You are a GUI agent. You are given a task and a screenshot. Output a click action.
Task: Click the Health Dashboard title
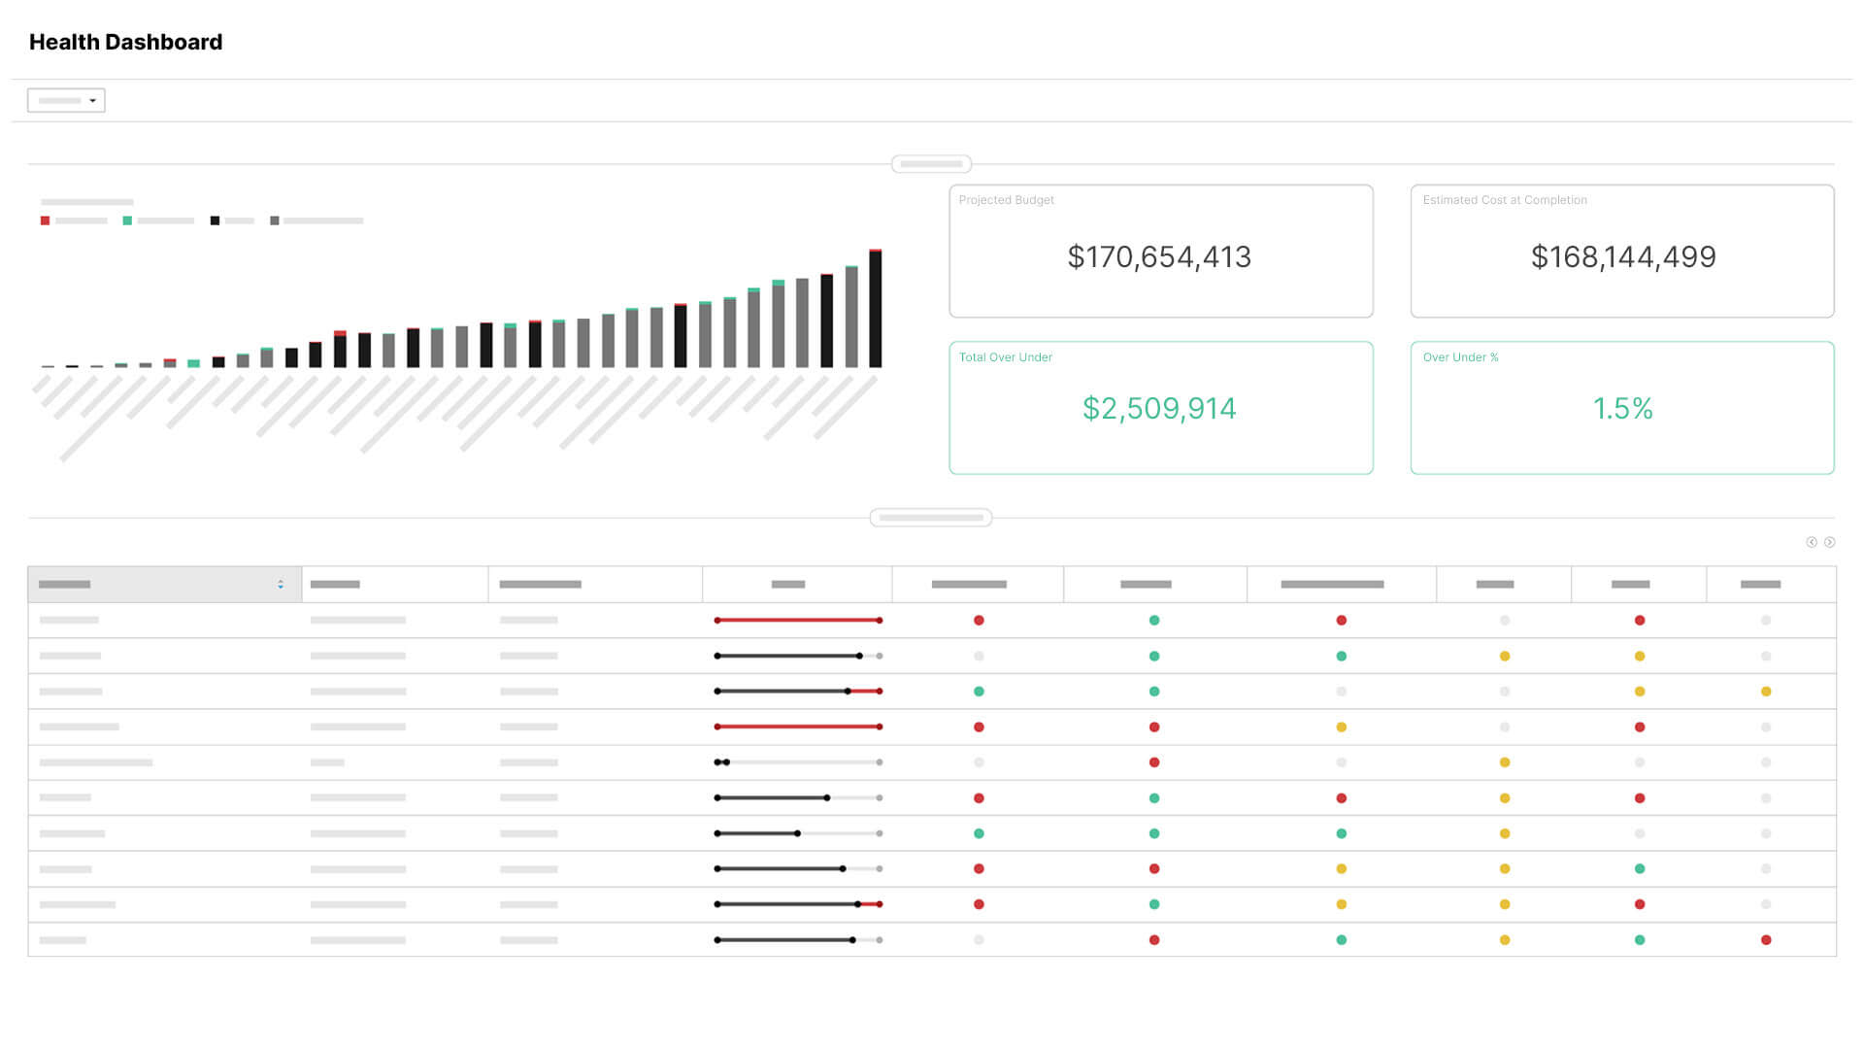(x=125, y=42)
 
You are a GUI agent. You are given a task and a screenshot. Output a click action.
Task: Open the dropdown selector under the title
(x=66, y=100)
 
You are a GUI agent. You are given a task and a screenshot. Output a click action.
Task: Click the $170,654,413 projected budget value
(x=1159, y=256)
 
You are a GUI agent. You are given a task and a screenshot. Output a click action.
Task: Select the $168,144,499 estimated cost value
(x=1623, y=256)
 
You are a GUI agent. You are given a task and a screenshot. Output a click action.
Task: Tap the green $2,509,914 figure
(x=1159, y=408)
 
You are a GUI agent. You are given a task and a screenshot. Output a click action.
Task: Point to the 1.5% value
(x=1622, y=408)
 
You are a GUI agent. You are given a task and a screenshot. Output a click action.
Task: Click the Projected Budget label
(x=1006, y=200)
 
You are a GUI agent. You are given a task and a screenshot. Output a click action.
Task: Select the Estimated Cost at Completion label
(x=1504, y=200)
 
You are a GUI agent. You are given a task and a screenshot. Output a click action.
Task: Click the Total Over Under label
(x=1005, y=357)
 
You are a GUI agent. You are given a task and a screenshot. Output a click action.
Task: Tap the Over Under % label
(x=1460, y=357)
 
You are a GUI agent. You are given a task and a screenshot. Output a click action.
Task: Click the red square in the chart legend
(x=45, y=220)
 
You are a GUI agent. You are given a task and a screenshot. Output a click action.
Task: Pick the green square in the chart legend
(x=127, y=220)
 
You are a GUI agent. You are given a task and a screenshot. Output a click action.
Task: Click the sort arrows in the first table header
(x=281, y=584)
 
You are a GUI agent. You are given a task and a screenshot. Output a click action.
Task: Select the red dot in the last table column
(x=1765, y=939)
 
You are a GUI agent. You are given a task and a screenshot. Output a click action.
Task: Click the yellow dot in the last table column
(x=1765, y=692)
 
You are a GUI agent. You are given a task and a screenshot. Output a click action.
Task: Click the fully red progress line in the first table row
(x=798, y=620)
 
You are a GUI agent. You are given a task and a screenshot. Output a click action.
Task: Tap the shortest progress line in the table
(x=721, y=762)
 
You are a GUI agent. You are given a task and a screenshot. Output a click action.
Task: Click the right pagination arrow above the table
(x=1829, y=542)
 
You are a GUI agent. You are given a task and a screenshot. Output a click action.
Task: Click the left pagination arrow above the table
(x=1811, y=542)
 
